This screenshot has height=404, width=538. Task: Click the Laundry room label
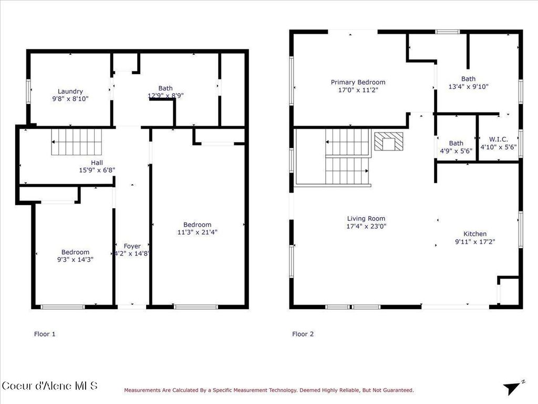(x=70, y=91)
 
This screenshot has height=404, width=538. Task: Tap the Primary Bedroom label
(x=358, y=82)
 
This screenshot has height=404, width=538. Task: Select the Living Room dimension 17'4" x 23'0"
(x=366, y=226)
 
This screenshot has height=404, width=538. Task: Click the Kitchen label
(x=474, y=234)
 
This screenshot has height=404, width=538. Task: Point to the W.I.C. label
(x=499, y=139)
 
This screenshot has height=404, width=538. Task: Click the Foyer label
(x=132, y=246)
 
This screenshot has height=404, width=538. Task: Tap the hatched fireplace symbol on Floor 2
(x=388, y=142)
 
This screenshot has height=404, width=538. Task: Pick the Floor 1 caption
(x=45, y=334)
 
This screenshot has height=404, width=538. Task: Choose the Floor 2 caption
(x=303, y=334)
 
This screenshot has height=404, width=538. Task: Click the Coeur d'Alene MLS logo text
(x=49, y=386)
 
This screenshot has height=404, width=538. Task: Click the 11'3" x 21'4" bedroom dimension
(x=197, y=232)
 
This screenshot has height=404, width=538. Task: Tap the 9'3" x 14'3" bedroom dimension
(x=75, y=259)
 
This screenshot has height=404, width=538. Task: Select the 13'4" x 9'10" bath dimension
(x=468, y=87)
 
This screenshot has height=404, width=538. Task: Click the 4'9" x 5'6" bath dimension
(x=456, y=150)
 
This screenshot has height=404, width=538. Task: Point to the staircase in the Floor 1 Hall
(x=76, y=142)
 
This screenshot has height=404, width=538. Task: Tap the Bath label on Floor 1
(x=165, y=88)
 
